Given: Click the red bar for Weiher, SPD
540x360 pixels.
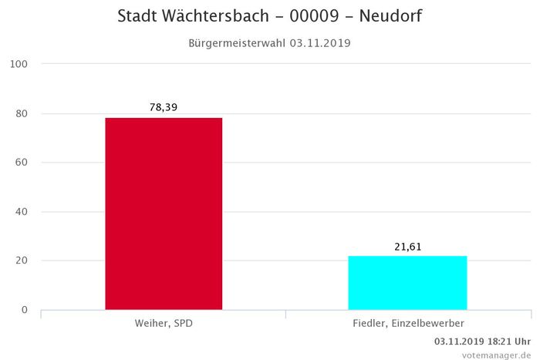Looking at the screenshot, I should pyautogui.click(x=163, y=214).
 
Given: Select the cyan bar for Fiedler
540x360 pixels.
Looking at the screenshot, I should pyautogui.click(x=407, y=282).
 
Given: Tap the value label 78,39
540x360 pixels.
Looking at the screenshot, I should pyautogui.click(x=163, y=107).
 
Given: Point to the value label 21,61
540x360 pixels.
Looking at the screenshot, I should pyautogui.click(x=407, y=247).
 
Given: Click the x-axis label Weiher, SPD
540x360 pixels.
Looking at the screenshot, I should pyautogui.click(x=163, y=323).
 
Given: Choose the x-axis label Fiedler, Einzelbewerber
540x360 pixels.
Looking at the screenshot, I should pyautogui.click(x=407, y=323).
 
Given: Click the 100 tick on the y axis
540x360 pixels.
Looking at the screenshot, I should pyautogui.click(x=19, y=64).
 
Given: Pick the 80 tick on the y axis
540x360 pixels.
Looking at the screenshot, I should pyautogui.click(x=21, y=113).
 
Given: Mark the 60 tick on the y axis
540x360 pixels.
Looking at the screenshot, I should pyautogui.click(x=21, y=163).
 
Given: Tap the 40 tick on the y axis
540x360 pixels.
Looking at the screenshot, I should pyautogui.click(x=21, y=212).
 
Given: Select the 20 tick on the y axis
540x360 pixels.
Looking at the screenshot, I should pyautogui.click(x=21, y=261).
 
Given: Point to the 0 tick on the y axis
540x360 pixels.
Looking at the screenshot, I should pyautogui.click(x=24, y=310).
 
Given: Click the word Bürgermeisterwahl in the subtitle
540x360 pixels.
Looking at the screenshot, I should pyautogui.click(x=237, y=43).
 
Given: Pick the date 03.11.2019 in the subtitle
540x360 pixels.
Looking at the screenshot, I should pyautogui.click(x=320, y=43).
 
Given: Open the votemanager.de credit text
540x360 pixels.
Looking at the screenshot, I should pyautogui.click(x=496, y=354).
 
